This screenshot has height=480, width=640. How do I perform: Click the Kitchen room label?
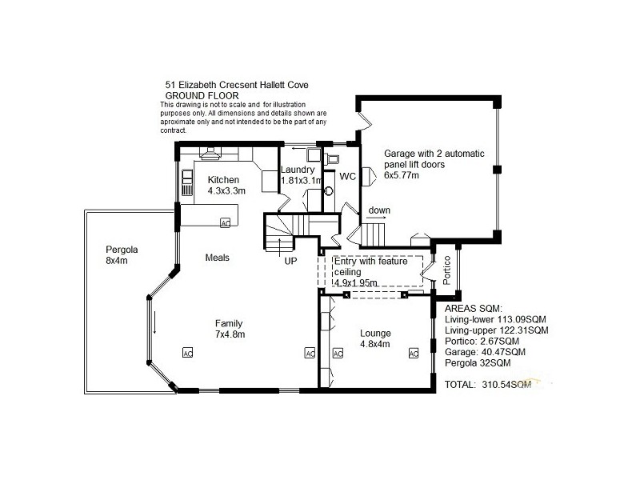coord(223,180)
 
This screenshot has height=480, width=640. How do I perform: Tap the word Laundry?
coord(298,170)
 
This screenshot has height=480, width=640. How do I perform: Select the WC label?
coord(347,176)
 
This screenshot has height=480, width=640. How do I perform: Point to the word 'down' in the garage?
coord(379,210)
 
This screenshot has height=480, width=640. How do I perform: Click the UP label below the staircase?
coord(290,260)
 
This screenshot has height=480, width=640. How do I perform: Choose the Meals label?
coord(217,258)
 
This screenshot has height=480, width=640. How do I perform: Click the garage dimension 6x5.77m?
coord(402,174)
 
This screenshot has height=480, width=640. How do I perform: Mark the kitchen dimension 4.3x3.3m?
coord(226,191)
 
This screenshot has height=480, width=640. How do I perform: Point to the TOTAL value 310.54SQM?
coord(507,385)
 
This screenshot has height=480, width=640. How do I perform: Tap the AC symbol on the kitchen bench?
coord(225,223)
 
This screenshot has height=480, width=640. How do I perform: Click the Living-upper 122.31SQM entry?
coord(496,330)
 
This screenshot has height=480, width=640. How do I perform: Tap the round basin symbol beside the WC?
coord(328,192)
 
